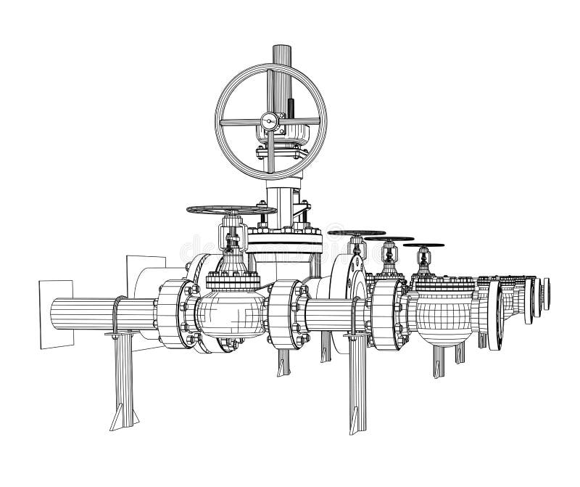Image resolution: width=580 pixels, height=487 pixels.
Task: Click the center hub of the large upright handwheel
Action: click(270, 121)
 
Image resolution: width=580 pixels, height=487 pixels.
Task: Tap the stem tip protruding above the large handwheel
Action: click(281, 54)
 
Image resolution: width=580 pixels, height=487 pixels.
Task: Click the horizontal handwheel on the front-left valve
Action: click(231, 210)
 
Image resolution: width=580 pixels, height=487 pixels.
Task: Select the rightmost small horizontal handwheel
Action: click(425, 245)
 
